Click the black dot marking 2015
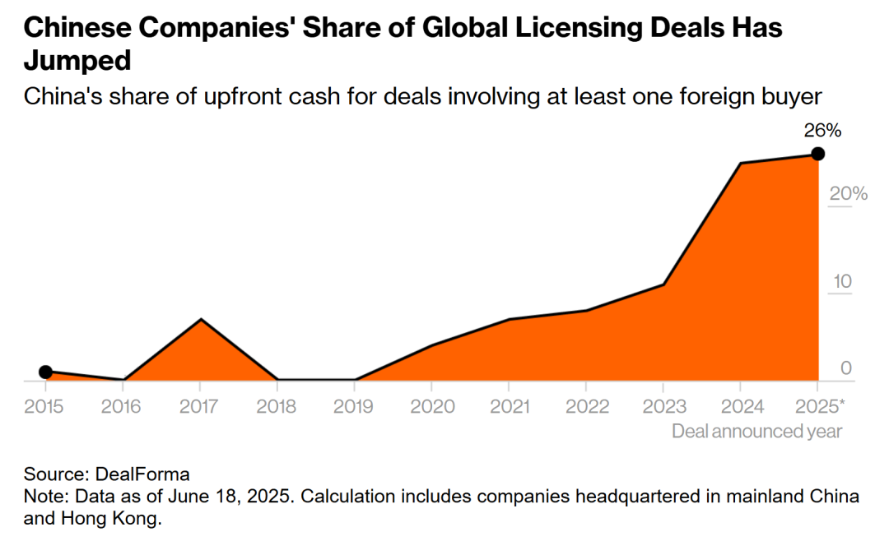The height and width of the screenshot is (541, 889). [46, 372]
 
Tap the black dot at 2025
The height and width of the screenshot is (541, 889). [817, 154]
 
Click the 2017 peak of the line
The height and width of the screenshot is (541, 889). [201, 319]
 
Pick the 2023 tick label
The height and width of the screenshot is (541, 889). [663, 406]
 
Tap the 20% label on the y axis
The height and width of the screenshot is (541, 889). [848, 194]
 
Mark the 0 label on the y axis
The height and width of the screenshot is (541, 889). [846, 368]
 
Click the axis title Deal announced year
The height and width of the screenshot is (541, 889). [756, 431]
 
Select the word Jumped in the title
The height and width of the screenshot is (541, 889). [79, 62]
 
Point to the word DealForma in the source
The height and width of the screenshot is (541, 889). [143, 474]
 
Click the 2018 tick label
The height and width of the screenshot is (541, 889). [277, 406]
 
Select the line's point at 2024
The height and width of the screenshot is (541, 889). [740, 164]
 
